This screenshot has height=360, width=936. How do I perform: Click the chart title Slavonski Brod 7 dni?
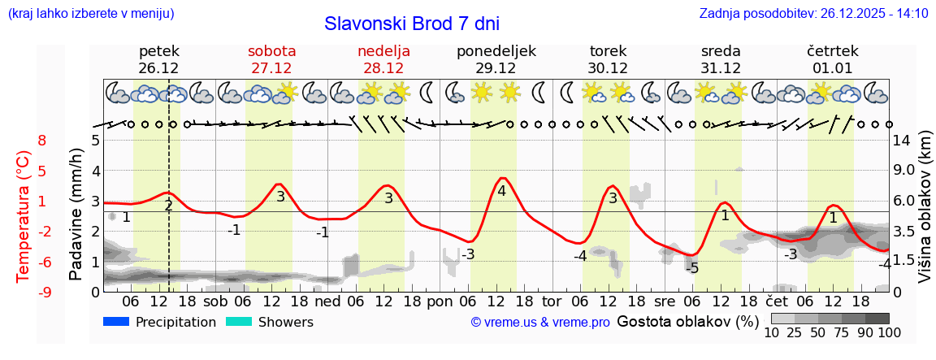(411, 24)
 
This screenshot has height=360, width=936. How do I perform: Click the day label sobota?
(271, 51)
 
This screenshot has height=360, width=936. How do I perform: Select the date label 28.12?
(383, 68)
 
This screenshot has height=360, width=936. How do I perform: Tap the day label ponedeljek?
(496, 51)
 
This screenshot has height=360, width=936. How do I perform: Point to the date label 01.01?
(832, 68)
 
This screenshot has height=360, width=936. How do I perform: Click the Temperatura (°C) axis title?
(24, 216)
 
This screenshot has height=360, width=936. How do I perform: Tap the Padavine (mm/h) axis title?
(76, 215)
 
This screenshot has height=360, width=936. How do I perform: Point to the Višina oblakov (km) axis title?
(925, 215)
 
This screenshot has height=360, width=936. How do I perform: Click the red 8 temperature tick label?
(42, 141)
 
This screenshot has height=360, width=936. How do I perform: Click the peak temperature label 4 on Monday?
(501, 192)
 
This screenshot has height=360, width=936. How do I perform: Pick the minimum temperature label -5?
(691, 268)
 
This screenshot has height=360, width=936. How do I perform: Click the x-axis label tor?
(552, 301)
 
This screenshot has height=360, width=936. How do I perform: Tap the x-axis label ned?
(327, 301)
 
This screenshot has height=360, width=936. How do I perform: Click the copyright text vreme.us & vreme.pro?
(540, 323)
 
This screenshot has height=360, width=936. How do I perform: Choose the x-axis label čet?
(777, 301)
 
